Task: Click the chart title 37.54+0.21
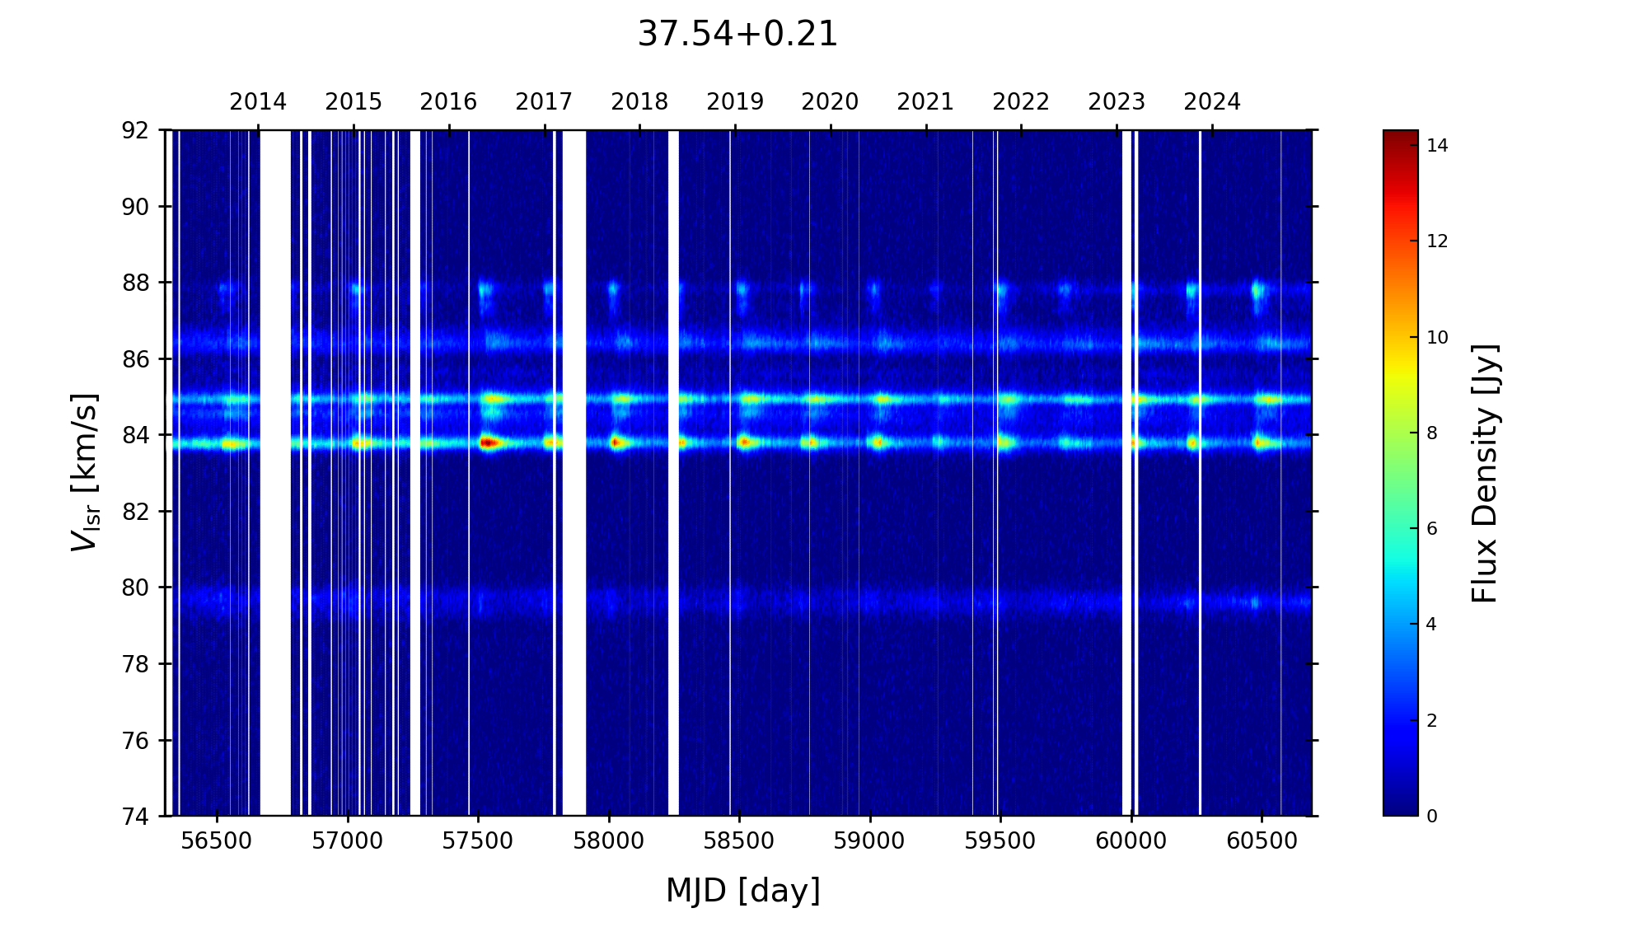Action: pos(737,35)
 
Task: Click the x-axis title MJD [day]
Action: pos(742,891)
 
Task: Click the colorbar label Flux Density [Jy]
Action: pos(1485,473)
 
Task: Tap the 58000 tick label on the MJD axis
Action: pos(609,841)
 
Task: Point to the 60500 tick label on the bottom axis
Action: pos(1262,841)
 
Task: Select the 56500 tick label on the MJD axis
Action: pos(217,841)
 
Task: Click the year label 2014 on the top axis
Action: pos(258,102)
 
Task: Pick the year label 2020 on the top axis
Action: pos(830,102)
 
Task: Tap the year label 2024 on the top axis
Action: pos(1212,102)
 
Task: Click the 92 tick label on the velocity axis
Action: pos(136,130)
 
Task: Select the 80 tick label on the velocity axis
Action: pos(136,588)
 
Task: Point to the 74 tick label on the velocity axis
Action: pos(136,817)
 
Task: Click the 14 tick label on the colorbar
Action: pos(1437,146)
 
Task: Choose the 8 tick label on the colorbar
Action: pos(1432,433)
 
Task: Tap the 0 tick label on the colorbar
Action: pos(1432,817)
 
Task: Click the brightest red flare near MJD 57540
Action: pos(488,443)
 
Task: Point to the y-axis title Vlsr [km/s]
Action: pos(85,472)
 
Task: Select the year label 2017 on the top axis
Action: pos(544,102)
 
